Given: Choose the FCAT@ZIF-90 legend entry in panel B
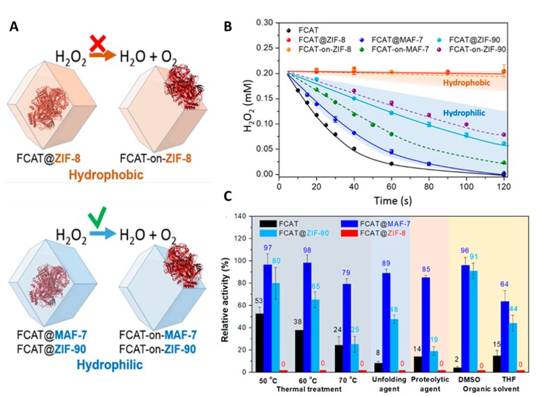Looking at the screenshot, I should tap(481, 39).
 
